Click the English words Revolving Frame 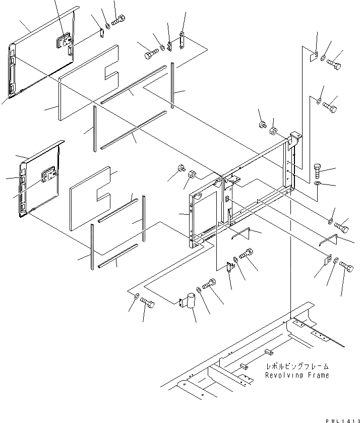(297, 375)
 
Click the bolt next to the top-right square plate (333, 65)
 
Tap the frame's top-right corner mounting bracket (295, 137)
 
